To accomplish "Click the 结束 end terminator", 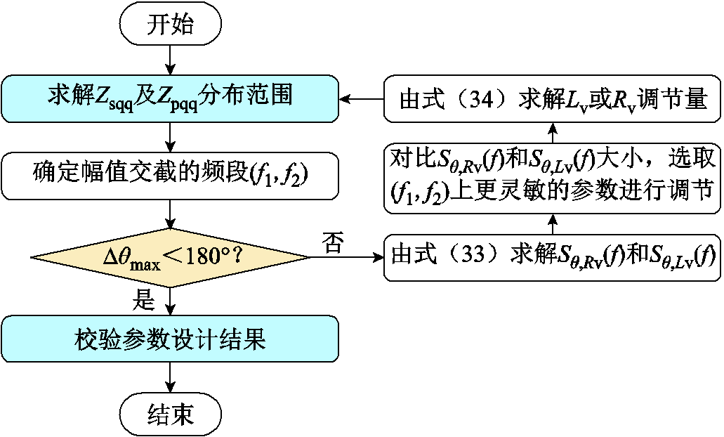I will [171, 415].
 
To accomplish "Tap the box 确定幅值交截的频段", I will [170, 173].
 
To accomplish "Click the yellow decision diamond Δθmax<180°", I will [170, 257].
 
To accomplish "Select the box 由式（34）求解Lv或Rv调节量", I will [552, 98].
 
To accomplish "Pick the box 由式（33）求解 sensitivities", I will [552, 257].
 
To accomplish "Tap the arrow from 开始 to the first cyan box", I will [171, 59].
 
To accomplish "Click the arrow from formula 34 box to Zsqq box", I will [361, 98].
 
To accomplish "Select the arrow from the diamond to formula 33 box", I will [347, 257].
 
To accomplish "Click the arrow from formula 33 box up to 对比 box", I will [552, 223].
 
